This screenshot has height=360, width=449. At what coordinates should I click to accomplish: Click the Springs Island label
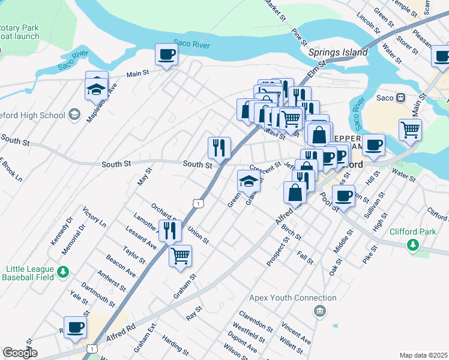click(x=338, y=53)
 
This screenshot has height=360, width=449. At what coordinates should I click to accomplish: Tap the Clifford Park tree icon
click(x=412, y=244)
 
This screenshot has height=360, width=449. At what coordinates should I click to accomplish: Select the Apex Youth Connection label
click(x=293, y=298)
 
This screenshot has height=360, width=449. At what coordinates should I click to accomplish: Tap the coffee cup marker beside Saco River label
click(x=166, y=55)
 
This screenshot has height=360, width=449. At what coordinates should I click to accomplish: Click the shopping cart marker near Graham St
click(x=180, y=256)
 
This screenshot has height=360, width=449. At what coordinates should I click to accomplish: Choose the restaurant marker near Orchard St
click(x=170, y=229)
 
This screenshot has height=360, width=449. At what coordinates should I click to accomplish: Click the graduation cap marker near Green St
click(x=249, y=181)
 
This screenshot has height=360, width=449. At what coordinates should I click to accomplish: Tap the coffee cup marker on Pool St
click(x=344, y=196)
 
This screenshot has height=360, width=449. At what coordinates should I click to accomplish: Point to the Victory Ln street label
click(x=94, y=217)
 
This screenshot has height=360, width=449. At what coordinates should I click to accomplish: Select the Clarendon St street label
click(x=256, y=320)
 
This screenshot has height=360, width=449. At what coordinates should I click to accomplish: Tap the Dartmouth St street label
click(x=97, y=293)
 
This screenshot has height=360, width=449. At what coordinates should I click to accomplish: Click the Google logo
click(x=19, y=353)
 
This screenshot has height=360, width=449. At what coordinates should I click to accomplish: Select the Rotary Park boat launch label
click(x=19, y=32)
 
